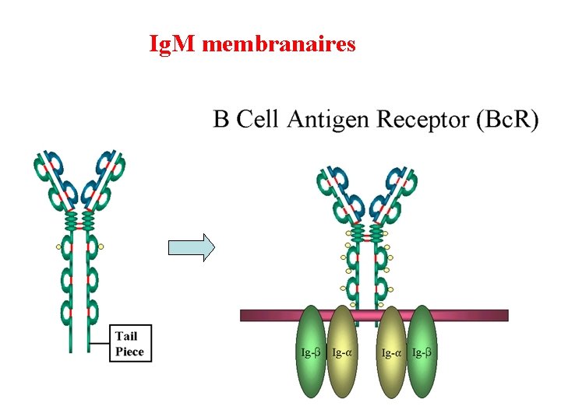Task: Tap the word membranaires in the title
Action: tap(279, 44)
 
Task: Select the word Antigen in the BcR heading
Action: tap(328, 120)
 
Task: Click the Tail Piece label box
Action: tap(131, 343)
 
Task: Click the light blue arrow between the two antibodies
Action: tap(192, 247)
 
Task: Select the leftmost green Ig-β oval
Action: tap(311, 352)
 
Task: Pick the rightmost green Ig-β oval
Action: tap(422, 352)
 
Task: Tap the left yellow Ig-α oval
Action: tap(342, 352)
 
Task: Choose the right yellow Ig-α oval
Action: tap(392, 352)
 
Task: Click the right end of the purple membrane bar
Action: tap(508, 315)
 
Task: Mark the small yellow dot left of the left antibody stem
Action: tap(58, 247)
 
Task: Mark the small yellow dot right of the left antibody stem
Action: tap(101, 247)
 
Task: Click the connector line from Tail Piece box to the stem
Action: tap(100, 343)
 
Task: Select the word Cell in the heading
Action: tap(257, 118)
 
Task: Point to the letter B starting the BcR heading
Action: tap(221, 118)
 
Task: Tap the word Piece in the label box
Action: tap(129, 352)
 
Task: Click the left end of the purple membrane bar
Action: tap(241, 315)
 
